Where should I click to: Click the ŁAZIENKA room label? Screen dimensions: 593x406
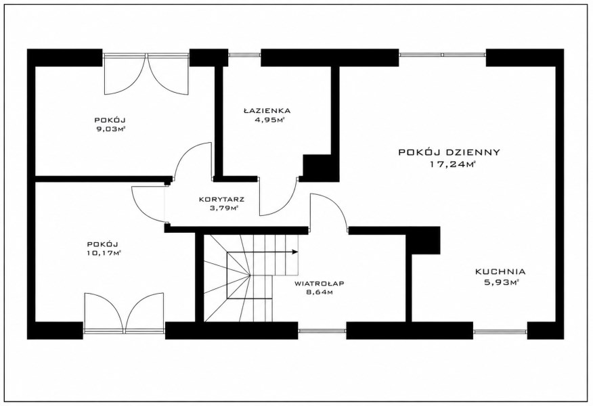267,111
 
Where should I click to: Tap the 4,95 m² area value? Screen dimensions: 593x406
270,120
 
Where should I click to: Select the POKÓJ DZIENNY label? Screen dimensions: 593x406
449,152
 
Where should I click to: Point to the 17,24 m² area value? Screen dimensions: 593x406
452,164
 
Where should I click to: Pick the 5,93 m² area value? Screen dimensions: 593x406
501,282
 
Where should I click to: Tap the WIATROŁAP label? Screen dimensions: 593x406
320,283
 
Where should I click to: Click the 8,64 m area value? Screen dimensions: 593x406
320,292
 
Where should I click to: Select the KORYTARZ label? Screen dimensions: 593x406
221,199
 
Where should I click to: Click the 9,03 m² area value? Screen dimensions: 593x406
110,129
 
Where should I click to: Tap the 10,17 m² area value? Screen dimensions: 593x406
104,253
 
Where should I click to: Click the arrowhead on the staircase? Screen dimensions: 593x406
295,252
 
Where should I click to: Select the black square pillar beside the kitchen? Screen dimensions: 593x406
423,240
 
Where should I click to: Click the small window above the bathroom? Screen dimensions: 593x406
244,55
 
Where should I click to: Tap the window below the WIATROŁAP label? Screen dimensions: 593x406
322,331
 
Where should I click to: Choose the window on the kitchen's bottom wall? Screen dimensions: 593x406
500,331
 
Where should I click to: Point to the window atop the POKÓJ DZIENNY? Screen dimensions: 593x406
443,55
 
